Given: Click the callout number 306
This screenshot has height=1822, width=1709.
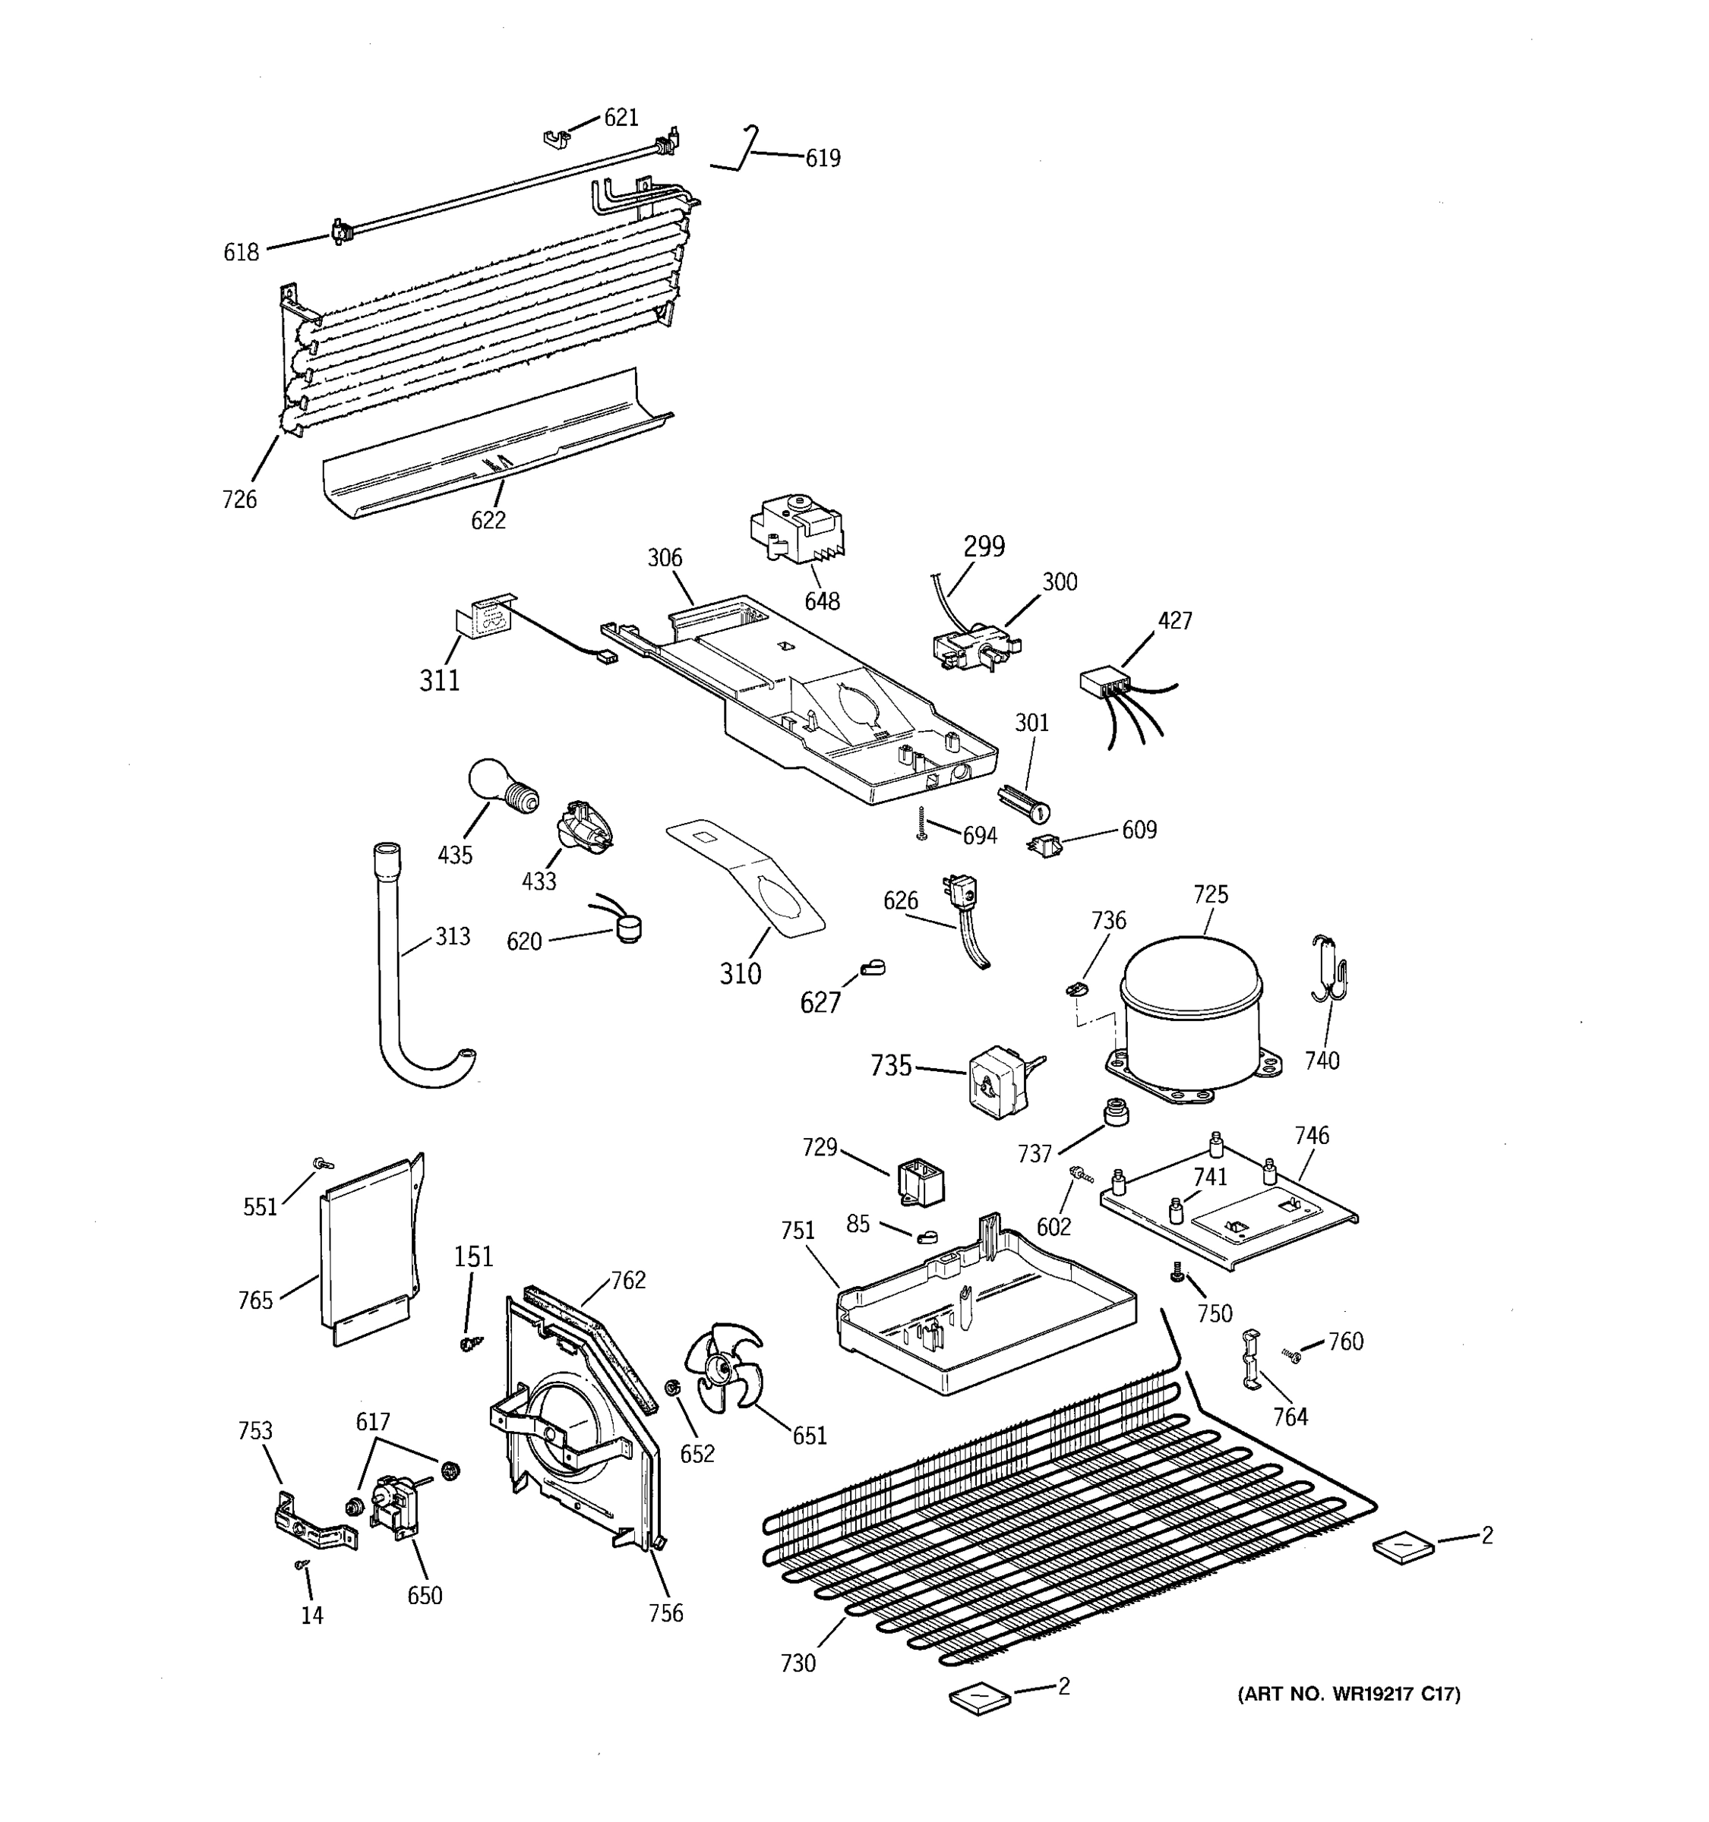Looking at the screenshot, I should pyautogui.click(x=665, y=557).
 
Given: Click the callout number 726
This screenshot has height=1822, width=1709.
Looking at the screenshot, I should pyautogui.click(x=239, y=500).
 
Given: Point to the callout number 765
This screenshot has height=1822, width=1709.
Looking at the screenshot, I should pyautogui.click(x=255, y=1300).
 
